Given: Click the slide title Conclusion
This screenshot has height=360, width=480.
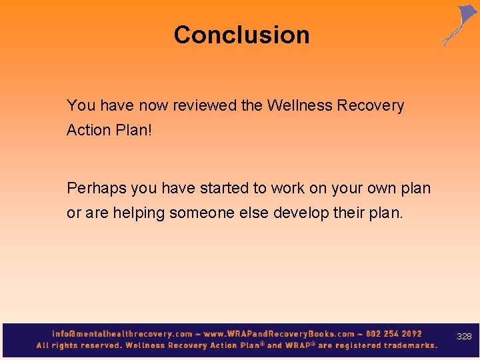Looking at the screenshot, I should click(x=241, y=35).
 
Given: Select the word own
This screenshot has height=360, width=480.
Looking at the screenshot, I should click(x=381, y=188).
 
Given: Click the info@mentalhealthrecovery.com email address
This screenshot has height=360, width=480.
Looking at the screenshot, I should click(x=122, y=334).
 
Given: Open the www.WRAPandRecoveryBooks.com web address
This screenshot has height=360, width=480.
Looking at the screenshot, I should click(x=279, y=334).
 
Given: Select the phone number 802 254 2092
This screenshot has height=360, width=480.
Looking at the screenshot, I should click(x=394, y=334).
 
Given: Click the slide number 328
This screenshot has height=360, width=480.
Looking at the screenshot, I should click(x=464, y=337).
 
